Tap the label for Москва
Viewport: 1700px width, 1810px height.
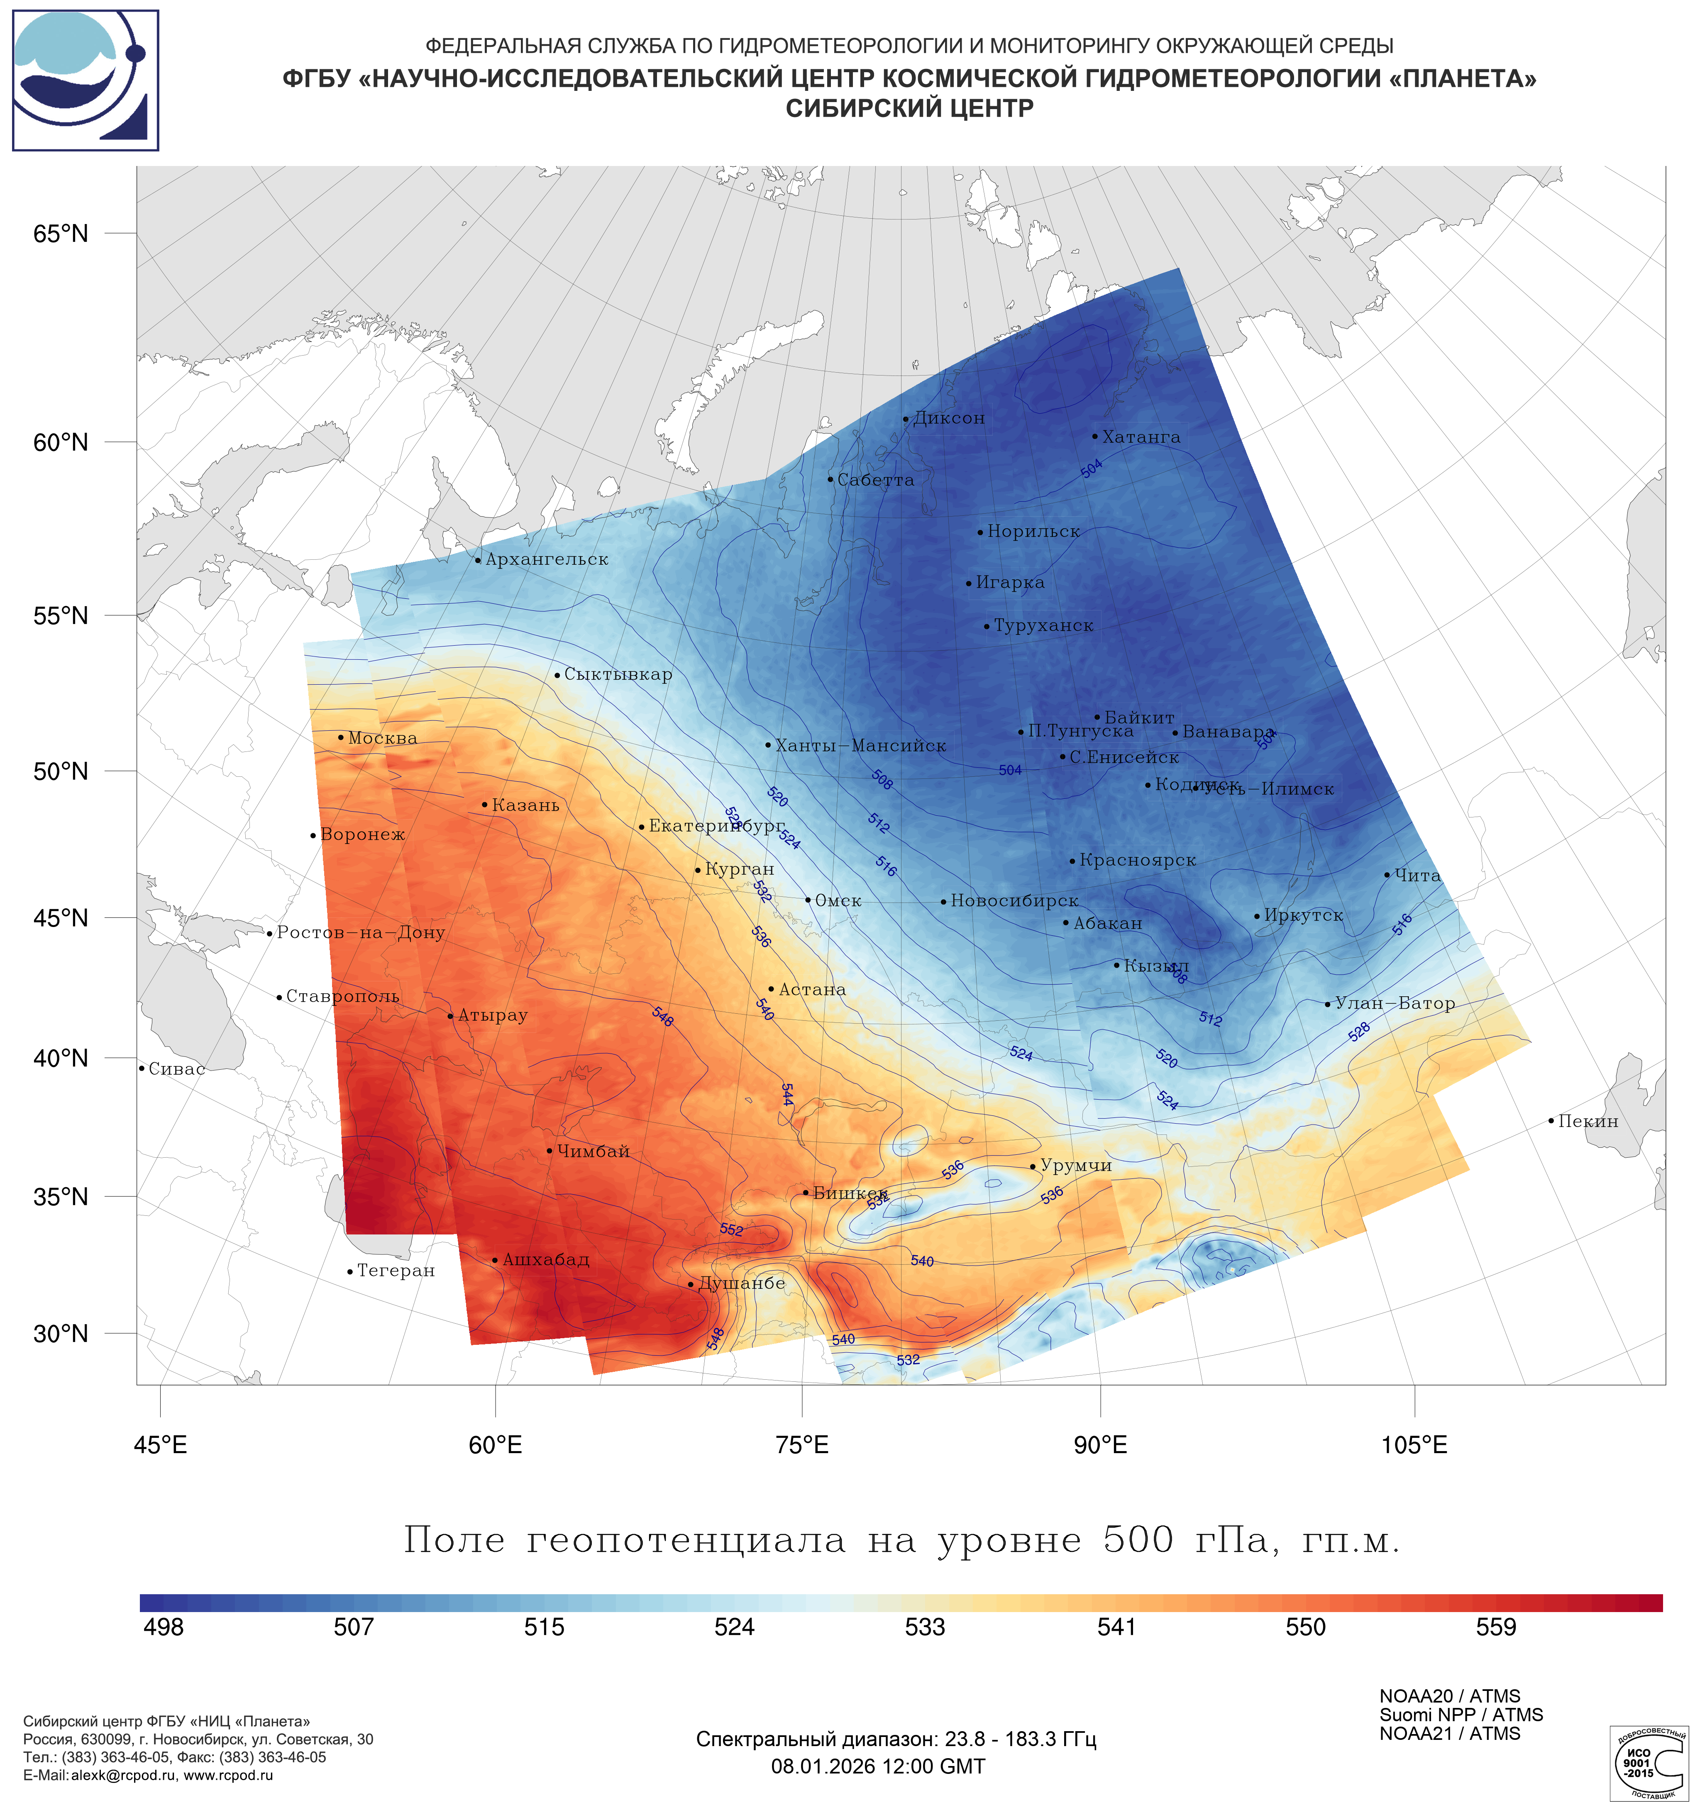382,738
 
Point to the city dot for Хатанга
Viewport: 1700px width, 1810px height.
1094,436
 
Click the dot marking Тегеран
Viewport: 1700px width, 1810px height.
349,1272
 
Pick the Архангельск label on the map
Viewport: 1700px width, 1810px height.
546,559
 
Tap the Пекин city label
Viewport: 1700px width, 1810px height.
1587,1122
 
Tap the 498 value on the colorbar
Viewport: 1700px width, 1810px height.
164,1627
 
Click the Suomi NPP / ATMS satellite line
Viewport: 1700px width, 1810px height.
1461,1715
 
